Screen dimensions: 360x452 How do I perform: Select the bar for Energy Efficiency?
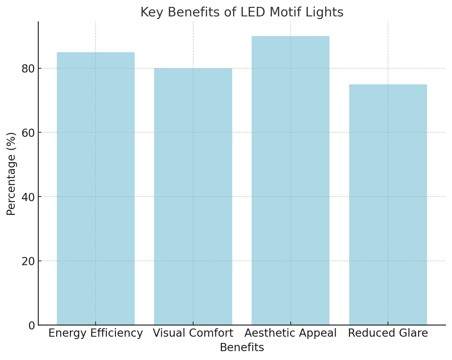point(96,188)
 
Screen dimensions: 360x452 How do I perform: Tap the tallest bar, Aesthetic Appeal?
point(290,180)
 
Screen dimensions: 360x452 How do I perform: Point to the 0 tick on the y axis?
point(32,326)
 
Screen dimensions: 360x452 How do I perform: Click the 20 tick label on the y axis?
point(28,261)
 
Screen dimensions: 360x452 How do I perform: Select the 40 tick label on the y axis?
point(28,197)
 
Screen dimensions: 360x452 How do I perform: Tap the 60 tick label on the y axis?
point(28,133)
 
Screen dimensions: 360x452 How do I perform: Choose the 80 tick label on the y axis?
point(28,69)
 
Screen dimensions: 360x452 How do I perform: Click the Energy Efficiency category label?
point(96,333)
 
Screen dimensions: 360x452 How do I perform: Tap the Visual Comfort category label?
point(193,333)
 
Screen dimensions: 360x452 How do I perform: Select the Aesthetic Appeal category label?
point(290,333)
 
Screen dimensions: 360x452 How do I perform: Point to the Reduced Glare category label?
point(388,333)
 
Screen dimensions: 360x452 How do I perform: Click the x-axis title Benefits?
point(242,348)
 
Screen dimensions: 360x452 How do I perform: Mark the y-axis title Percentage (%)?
point(11,174)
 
